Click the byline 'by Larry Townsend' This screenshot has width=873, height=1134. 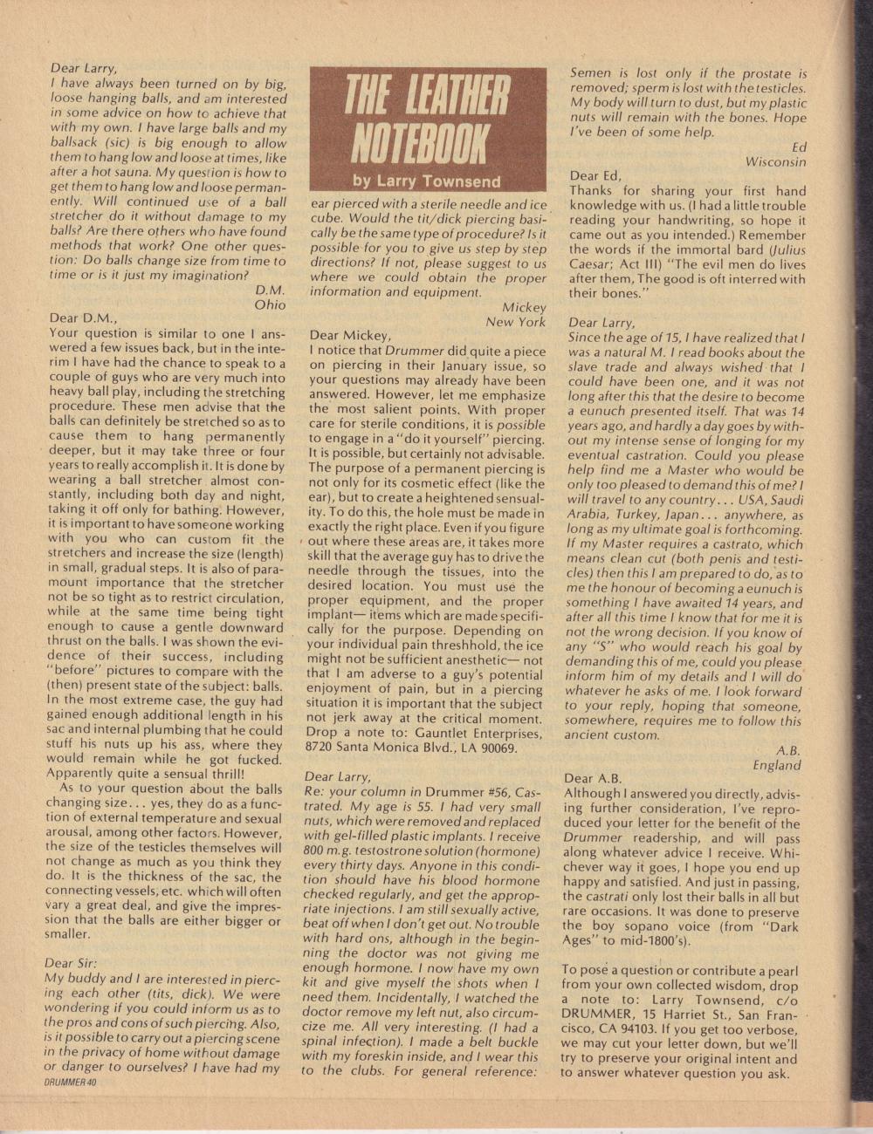[x=427, y=181]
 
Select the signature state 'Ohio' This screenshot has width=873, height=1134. [x=269, y=305]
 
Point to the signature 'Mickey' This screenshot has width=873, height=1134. [x=524, y=307]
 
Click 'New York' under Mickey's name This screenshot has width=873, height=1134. [x=515, y=321]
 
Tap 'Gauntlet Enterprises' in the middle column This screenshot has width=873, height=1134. [x=468, y=734]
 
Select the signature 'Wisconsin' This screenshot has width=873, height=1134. [x=775, y=161]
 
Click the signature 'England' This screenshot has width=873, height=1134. [x=776, y=765]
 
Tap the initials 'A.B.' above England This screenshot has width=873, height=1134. [x=787, y=750]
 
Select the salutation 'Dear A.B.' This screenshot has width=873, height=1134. [x=593, y=778]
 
